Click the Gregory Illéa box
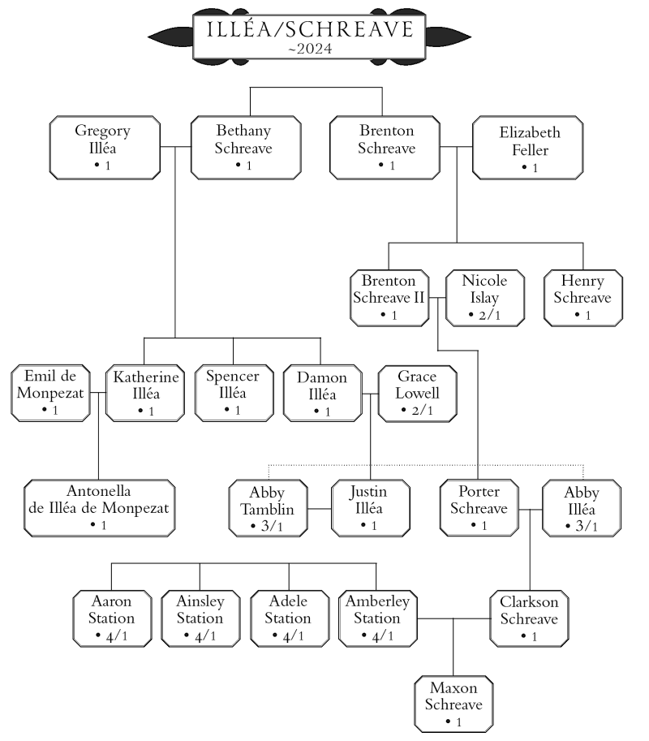[103, 147]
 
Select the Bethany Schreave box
[245, 147]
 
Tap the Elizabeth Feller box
[528, 147]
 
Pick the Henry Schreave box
[582, 298]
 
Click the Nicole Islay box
[484, 298]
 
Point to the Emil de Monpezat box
[50, 394]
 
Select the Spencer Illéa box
[233, 394]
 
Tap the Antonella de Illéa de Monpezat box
[99, 507]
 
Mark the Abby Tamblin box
[267, 507]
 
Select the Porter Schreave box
[478, 507]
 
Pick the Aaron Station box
[112, 618]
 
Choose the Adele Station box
[288, 618]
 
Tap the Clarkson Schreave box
[528, 618]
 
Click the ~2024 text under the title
[309, 50]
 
